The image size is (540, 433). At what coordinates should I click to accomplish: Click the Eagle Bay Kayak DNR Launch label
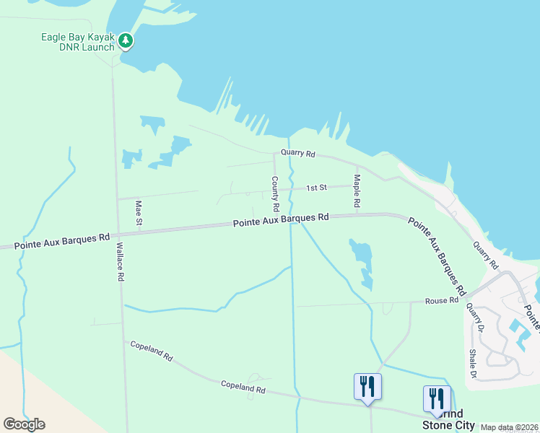pos(79,42)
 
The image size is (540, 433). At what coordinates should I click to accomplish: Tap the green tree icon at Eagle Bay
pos(126,41)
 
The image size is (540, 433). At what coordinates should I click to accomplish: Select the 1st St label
pos(316,188)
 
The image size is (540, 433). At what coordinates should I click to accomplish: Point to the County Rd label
pos(275,193)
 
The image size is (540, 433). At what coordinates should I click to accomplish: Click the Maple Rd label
pos(356,190)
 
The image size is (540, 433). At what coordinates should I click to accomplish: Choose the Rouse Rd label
pos(442,300)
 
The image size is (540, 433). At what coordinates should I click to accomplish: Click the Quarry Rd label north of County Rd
pos(299,154)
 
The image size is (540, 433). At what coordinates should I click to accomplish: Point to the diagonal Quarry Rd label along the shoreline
pos(484,256)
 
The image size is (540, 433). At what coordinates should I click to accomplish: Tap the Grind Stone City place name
pos(448,420)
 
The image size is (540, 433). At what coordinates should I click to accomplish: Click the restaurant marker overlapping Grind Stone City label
pos(437,400)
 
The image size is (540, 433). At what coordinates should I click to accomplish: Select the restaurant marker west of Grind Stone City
pos(367,387)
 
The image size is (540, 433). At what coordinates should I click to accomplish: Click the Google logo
pos(24,424)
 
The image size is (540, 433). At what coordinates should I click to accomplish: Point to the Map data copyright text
pos(508,427)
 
